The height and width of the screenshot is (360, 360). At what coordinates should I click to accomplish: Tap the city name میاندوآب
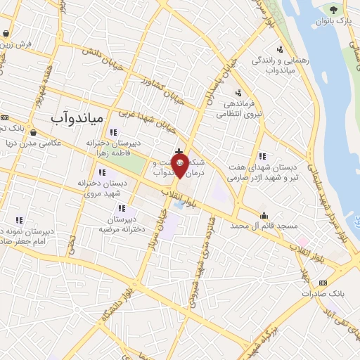pyautogui.click(x=77, y=117)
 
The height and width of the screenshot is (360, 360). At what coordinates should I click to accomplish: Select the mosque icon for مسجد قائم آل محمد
pyautogui.click(x=264, y=215)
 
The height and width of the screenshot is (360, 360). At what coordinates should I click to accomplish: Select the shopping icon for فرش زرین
pyautogui.click(x=6, y=33)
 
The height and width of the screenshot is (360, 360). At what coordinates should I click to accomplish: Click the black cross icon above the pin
pyautogui.click(x=179, y=151)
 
